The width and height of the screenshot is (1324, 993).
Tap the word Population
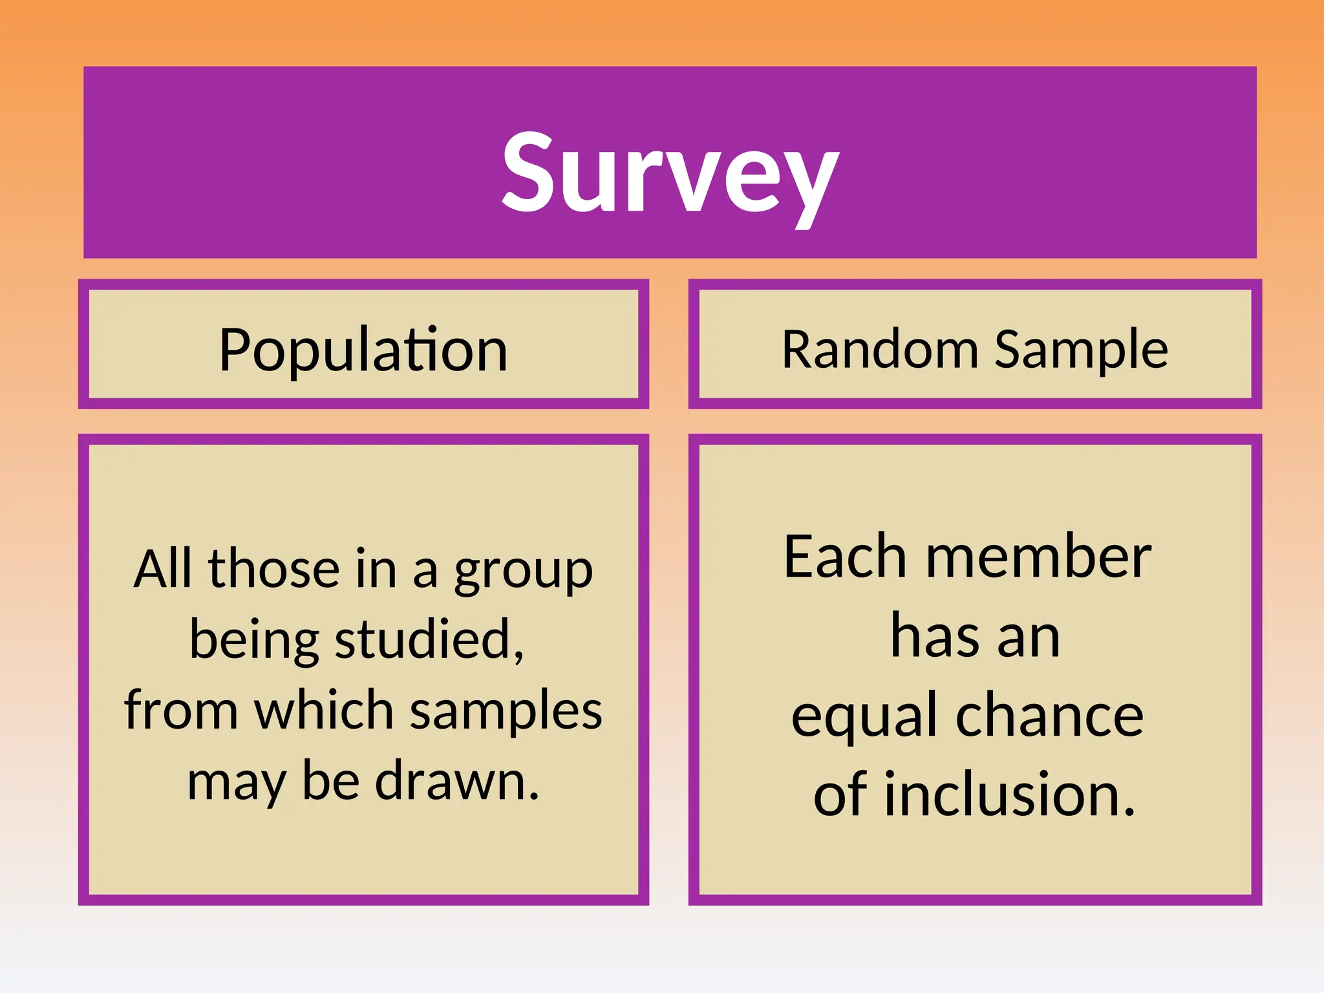[x=363, y=350]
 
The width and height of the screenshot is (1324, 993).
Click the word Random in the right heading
[x=880, y=350]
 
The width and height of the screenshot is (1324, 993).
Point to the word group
[x=523, y=571]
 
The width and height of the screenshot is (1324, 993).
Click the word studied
[x=429, y=639]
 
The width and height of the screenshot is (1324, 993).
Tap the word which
[x=324, y=710]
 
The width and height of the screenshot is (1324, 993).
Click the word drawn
[x=456, y=781]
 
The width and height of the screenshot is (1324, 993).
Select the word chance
[x=1049, y=716]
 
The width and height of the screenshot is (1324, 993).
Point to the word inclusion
[x=1009, y=795]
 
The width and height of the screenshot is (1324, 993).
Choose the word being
[x=254, y=641]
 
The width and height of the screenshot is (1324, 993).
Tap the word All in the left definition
[x=162, y=569]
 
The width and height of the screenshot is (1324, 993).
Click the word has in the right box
[x=934, y=637]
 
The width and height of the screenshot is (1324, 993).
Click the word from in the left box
[x=181, y=710]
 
